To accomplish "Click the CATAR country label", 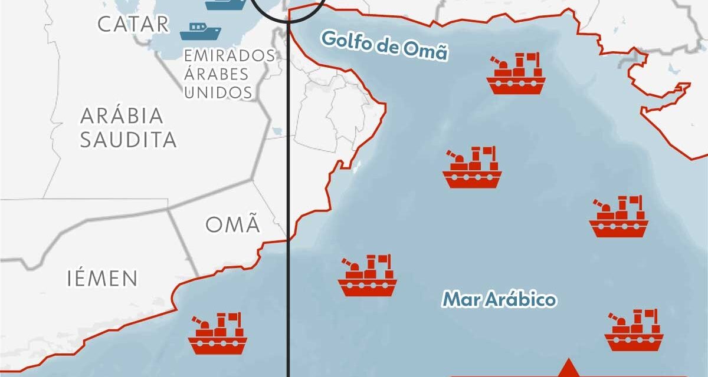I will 133,24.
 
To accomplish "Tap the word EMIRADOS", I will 229,55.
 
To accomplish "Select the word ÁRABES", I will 216,74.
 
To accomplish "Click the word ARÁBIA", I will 122,116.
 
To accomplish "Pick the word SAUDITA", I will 128,140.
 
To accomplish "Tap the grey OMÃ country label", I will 232,224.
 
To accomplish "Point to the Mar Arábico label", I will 499,299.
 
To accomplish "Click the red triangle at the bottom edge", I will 568,368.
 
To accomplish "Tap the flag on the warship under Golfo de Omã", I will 533,58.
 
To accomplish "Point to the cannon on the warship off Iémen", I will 201,322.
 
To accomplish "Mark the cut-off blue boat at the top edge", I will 225,4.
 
